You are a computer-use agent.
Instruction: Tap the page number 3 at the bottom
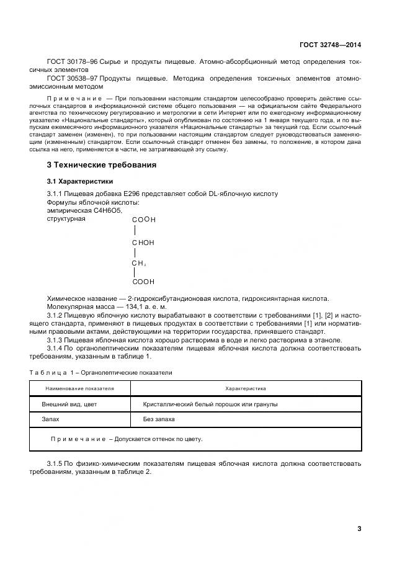(359, 529)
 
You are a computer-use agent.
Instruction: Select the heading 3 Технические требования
(102, 165)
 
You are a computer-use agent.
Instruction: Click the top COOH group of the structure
(143, 220)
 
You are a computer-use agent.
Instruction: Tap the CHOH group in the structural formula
(143, 243)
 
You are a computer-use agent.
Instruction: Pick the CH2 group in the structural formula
(138, 264)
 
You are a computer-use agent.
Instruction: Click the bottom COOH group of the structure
(143, 282)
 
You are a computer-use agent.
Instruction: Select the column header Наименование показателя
(80, 388)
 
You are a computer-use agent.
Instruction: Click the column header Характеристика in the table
(245, 388)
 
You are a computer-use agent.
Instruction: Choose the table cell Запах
(50, 419)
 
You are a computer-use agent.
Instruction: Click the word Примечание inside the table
(78, 439)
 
